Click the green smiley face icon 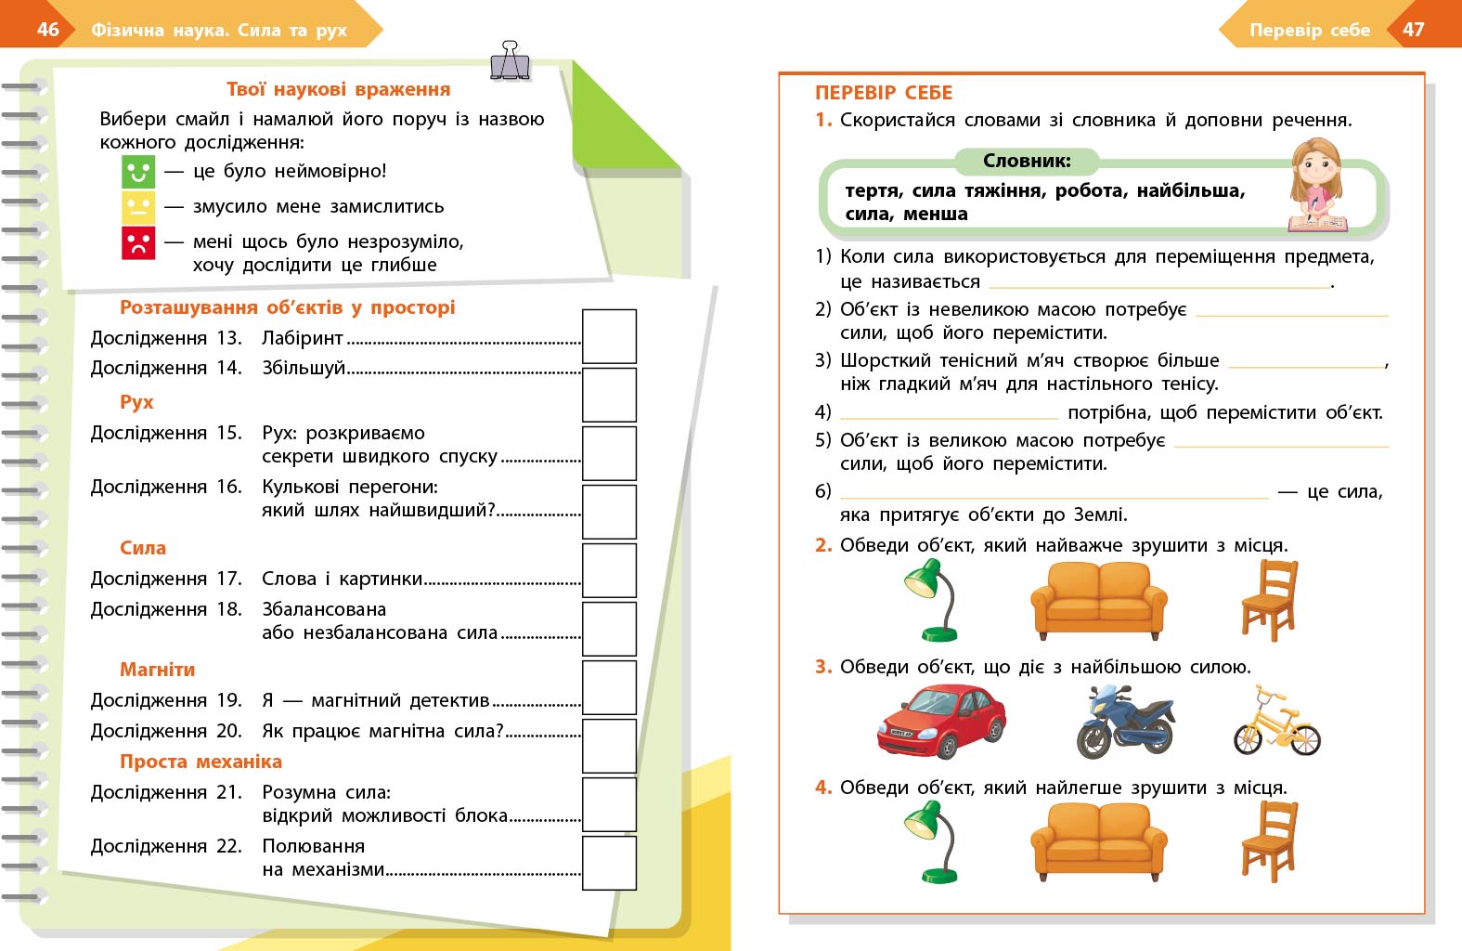tap(138, 172)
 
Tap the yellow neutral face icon tap(138, 207)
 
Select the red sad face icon tap(138, 243)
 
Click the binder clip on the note tap(510, 61)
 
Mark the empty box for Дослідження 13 tap(609, 336)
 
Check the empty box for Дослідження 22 tap(609, 863)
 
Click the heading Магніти tap(157, 670)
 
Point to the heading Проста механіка tap(201, 762)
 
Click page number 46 tap(48, 30)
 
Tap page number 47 tap(1413, 30)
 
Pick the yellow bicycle tap(1276, 723)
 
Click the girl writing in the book tap(1317, 185)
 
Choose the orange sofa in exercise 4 tap(1099, 841)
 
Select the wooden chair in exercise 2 tap(1269, 601)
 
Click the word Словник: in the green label tap(1027, 161)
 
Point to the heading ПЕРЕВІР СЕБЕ tap(884, 93)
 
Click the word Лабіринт tap(303, 338)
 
